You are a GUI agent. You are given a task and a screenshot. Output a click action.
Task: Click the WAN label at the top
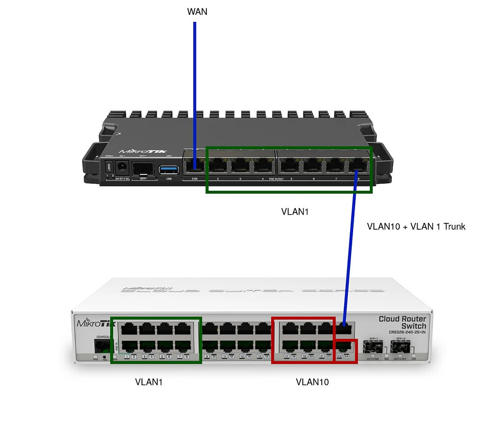(197, 11)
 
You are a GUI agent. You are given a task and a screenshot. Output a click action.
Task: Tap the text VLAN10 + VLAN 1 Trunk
(416, 226)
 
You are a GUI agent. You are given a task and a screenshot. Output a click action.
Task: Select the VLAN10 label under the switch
(312, 382)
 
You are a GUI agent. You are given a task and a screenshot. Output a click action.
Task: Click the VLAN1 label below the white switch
(149, 382)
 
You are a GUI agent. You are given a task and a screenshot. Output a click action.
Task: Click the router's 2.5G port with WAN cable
(194, 167)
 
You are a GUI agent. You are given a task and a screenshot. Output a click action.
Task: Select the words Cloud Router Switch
(403, 322)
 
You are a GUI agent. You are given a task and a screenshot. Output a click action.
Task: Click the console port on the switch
(102, 347)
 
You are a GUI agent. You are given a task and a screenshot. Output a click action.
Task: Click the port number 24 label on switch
(346, 356)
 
